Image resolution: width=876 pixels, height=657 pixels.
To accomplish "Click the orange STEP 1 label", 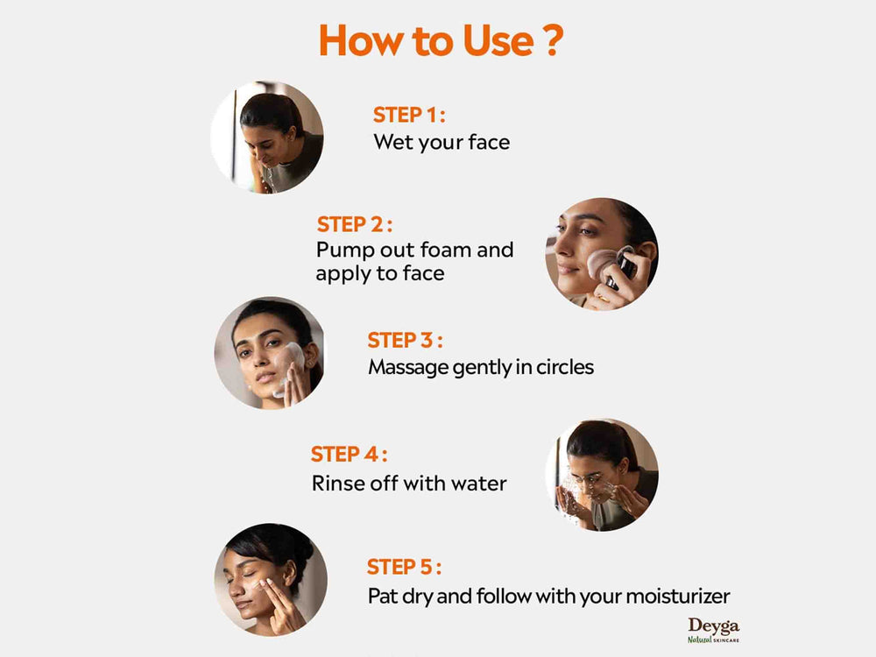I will tap(409, 116).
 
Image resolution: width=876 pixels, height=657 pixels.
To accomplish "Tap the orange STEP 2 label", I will tap(354, 224).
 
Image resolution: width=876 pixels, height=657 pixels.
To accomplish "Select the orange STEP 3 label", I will tap(405, 340).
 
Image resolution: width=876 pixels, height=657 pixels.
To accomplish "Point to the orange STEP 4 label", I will tap(349, 455).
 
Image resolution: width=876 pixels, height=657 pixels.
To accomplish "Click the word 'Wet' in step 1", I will tap(392, 142).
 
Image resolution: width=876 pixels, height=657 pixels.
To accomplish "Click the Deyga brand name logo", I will tap(713, 625).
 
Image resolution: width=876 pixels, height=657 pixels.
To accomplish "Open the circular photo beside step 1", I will tap(267, 138).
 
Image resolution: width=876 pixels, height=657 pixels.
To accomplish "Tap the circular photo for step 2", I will tap(602, 254).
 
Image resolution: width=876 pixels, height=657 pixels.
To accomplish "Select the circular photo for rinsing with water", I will tap(602, 475).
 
